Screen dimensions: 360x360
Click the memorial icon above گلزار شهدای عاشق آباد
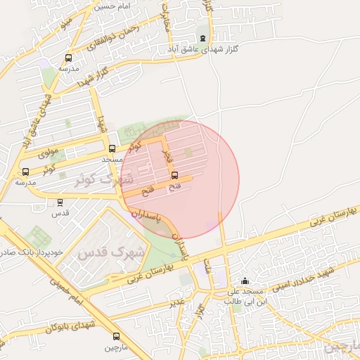203,38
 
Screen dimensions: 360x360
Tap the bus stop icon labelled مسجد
112,148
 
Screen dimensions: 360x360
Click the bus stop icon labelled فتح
174,175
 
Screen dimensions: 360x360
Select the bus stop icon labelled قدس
60,202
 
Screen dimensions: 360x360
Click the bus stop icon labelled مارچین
116,336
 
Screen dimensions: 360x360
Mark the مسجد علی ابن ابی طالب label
243,295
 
